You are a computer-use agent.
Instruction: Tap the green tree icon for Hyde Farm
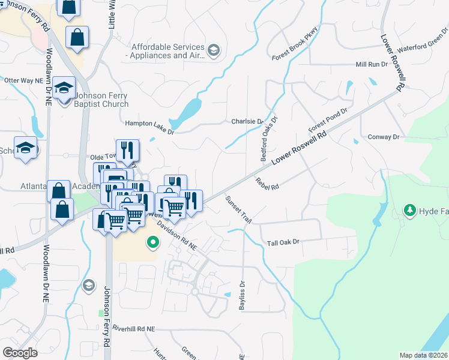coord(410,210)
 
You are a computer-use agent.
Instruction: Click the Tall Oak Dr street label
coord(283,242)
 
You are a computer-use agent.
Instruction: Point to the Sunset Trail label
coord(238,210)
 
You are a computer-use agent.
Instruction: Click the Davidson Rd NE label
coord(176,235)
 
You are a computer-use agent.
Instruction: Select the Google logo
coord(20,352)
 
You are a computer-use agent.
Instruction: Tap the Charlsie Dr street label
coord(247,121)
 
